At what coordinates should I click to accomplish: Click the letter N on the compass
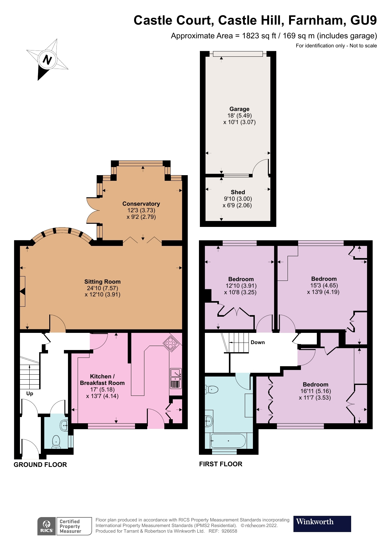pos(47,59)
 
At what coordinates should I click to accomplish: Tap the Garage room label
pos(239,109)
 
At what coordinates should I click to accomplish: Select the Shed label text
pos(238,192)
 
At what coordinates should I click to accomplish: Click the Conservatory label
pos(141,204)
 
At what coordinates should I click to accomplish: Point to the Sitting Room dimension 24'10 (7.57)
pos(102,288)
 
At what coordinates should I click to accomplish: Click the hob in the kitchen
pos(171,343)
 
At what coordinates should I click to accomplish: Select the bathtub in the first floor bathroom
pos(228,441)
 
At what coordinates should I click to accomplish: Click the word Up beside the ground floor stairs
pos(30,393)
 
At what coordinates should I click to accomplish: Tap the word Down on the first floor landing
pos(258,342)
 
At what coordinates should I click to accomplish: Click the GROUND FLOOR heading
pos(40,464)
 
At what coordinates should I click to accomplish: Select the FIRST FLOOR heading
pos(220,464)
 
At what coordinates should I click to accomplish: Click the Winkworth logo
pos(322,524)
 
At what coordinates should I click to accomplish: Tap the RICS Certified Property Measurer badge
pos(65,526)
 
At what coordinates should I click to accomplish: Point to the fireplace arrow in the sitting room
pos(22,291)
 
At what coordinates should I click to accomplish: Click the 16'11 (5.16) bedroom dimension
pos(315,391)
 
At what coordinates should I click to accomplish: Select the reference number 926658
pos(229,531)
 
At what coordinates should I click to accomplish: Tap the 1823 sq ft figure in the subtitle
pos(259,36)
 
